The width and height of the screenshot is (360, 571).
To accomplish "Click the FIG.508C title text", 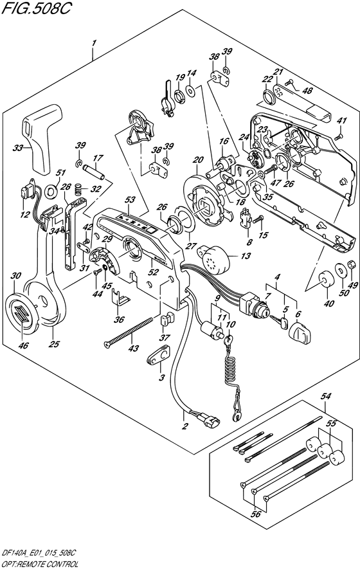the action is coord(36,8).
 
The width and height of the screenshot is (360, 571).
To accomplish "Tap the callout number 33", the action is coord(18,148).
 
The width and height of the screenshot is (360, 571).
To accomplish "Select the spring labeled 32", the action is coord(76,189).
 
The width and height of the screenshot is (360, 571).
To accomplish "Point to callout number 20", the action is coord(198,160).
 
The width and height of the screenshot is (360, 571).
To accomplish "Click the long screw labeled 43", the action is coord(128,332).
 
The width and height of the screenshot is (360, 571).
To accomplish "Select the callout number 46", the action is coord(23,345).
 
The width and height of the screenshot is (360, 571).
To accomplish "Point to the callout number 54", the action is coord(326,396).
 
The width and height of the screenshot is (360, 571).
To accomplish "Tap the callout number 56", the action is coord(256,514).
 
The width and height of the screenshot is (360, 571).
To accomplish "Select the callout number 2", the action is coord(185,426).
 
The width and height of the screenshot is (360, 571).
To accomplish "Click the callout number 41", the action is coord(342,121).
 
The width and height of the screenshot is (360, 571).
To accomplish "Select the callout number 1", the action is coord(94,43).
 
